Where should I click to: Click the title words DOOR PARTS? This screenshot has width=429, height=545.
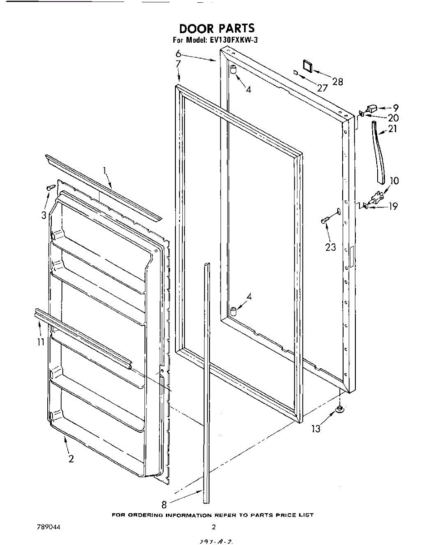pyautogui.click(x=217, y=29)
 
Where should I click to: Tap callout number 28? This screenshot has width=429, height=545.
pyautogui.click(x=338, y=82)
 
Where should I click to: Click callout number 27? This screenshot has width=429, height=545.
pyautogui.click(x=322, y=88)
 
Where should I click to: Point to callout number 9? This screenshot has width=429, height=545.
pyautogui.click(x=396, y=108)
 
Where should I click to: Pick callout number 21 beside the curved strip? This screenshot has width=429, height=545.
pyautogui.click(x=392, y=129)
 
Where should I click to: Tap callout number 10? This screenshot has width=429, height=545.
pyautogui.click(x=394, y=181)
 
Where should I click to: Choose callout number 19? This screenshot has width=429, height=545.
pyautogui.click(x=393, y=206)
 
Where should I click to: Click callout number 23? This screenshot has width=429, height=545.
pyautogui.click(x=330, y=247)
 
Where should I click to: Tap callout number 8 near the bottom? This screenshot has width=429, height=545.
pyautogui.click(x=164, y=504)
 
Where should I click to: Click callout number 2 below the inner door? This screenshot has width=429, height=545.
pyautogui.click(x=71, y=459)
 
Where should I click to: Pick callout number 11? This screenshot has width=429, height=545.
pyautogui.click(x=40, y=342)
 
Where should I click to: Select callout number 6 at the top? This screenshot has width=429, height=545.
pyautogui.click(x=179, y=54)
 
